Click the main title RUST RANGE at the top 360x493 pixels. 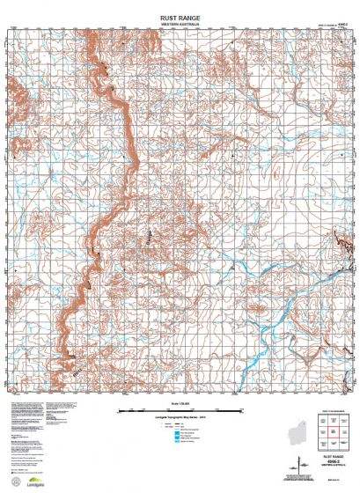pos(180,16)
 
